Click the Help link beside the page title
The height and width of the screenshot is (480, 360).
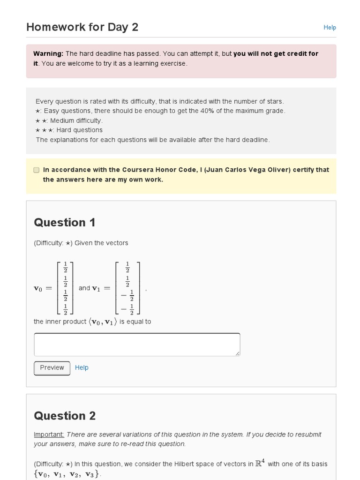[x=330, y=28]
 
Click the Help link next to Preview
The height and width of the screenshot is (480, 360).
[x=82, y=367]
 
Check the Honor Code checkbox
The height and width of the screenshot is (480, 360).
[x=37, y=170]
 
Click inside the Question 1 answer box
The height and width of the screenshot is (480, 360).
[x=137, y=345]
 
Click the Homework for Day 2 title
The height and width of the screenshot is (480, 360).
[x=82, y=27]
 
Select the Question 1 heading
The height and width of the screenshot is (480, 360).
[x=65, y=223]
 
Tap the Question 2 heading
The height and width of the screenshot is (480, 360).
[x=65, y=416]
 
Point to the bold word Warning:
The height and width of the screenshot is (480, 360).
[x=48, y=54]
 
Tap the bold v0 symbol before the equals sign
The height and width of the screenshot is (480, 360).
[x=38, y=289]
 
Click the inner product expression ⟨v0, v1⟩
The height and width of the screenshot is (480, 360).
[x=103, y=322]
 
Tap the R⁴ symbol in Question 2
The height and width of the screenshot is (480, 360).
[x=260, y=463]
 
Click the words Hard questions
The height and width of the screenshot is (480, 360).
[x=79, y=130]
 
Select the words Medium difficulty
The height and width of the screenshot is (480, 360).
[x=76, y=120]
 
